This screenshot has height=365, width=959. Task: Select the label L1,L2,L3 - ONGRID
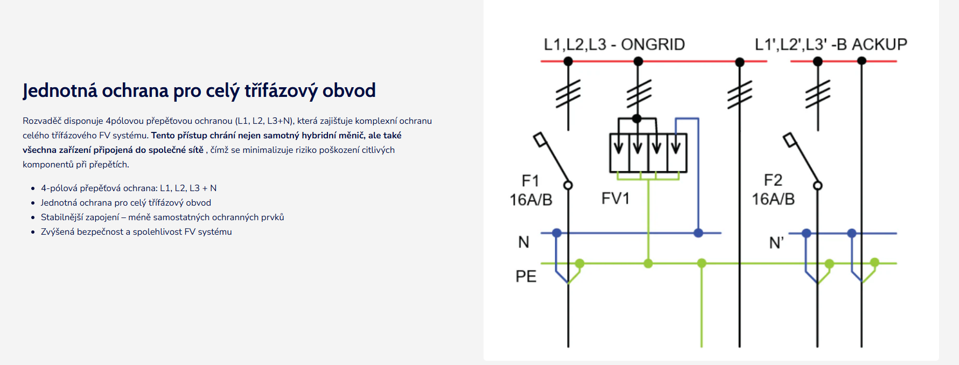click(x=614, y=44)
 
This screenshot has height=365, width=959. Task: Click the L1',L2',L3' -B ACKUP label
click(x=830, y=44)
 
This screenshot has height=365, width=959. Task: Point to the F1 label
click(x=530, y=180)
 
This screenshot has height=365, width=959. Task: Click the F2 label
click(x=773, y=180)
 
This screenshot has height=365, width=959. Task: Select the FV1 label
click(x=615, y=199)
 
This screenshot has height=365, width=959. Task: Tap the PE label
click(x=526, y=276)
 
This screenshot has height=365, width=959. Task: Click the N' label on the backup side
click(x=776, y=243)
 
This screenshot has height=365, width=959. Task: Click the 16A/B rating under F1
click(x=531, y=200)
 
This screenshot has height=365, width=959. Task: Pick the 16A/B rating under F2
click(x=773, y=199)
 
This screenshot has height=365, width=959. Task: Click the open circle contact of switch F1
click(x=568, y=185)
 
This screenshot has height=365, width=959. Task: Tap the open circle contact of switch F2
click(x=817, y=186)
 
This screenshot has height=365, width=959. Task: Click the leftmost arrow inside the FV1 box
click(x=619, y=145)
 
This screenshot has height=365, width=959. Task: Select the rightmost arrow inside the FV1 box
click(x=676, y=145)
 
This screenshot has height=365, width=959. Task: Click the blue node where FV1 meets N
click(x=698, y=233)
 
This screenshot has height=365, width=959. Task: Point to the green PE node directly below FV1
click(x=648, y=263)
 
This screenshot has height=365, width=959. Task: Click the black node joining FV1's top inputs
click(x=637, y=118)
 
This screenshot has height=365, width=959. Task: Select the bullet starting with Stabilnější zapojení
click(x=162, y=217)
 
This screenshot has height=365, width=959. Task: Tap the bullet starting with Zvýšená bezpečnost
click(x=136, y=231)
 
